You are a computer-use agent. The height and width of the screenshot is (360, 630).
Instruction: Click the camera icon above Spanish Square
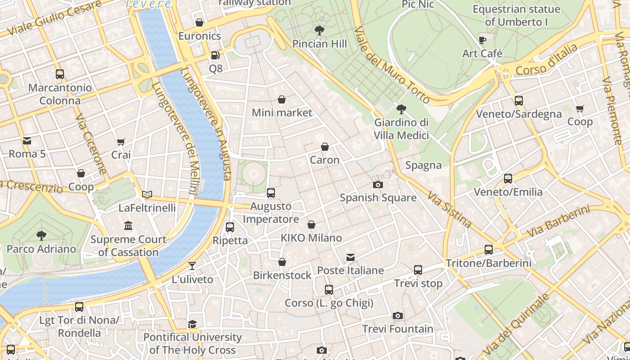(378, 184)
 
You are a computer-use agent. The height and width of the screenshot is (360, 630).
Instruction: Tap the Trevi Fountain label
(398, 329)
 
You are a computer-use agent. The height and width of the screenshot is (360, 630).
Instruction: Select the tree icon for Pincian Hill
(319, 31)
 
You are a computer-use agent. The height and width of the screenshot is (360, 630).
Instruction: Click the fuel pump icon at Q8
(216, 55)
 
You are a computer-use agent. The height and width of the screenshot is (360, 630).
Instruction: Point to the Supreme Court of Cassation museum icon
(128, 225)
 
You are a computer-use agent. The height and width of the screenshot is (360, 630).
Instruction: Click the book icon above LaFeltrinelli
(147, 195)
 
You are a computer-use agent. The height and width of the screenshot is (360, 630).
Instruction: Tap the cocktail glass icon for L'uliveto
(192, 265)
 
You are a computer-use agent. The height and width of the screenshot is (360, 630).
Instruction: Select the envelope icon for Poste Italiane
(351, 257)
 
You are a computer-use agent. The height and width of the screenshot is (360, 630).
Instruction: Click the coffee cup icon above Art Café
(482, 40)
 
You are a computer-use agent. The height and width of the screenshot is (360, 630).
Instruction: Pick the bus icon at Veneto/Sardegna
(518, 101)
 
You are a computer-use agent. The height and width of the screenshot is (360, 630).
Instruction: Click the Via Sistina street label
(450, 209)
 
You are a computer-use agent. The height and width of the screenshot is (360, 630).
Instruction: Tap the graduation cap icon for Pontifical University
(193, 324)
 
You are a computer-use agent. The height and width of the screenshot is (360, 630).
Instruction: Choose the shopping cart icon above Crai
(121, 142)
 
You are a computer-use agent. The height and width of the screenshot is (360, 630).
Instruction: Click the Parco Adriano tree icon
(41, 235)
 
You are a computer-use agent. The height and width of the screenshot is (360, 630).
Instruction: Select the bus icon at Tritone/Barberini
(489, 249)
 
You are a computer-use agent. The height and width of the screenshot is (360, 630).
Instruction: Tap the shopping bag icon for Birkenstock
(282, 262)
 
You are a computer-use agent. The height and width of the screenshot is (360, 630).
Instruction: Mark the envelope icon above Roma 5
(27, 141)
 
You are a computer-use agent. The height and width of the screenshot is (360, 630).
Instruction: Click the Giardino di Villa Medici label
(401, 129)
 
